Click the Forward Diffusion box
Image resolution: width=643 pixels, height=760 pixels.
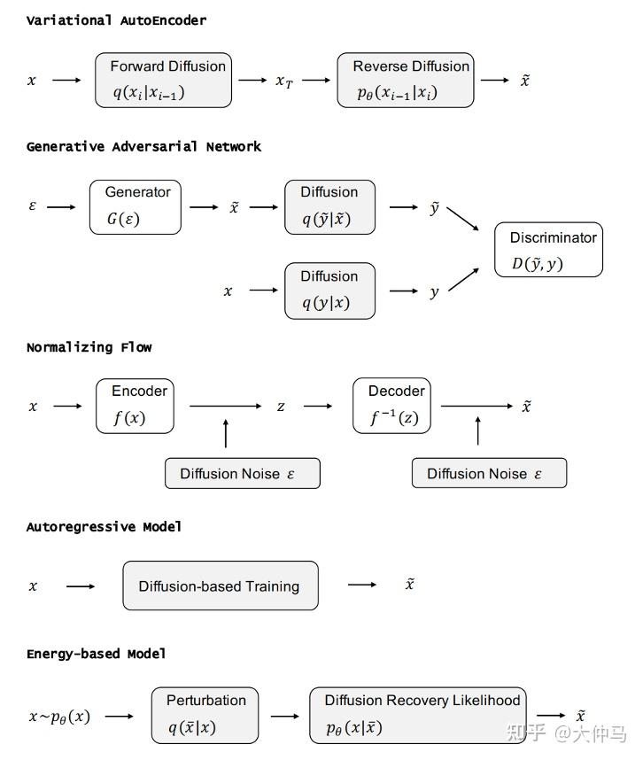click(164, 80)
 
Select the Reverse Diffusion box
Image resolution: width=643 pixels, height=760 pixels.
click(406, 80)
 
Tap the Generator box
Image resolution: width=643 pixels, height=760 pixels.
click(136, 207)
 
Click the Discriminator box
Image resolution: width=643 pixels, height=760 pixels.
click(548, 251)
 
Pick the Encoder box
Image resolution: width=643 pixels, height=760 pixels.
click(135, 406)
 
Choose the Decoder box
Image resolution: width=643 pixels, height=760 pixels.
click(391, 406)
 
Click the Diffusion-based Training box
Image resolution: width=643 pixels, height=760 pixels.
click(220, 586)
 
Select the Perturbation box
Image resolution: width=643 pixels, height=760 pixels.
click(205, 715)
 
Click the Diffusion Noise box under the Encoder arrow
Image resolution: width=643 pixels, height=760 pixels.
click(242, 473)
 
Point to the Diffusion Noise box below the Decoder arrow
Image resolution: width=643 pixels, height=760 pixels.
click(489, 473)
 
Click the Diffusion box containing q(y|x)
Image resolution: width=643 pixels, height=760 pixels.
click(329, 291)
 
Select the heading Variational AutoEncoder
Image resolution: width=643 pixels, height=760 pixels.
click(116, 20)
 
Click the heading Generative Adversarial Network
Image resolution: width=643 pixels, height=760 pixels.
click(143, 147)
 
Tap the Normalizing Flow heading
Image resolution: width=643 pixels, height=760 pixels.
click(89, 347)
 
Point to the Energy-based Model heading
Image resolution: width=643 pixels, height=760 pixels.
click(96, 654)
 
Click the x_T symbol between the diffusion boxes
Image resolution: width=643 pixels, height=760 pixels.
click(284, 81)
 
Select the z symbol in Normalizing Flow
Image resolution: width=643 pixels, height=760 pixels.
click(281, 407)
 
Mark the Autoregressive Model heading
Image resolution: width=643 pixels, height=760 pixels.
click(104, 527)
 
